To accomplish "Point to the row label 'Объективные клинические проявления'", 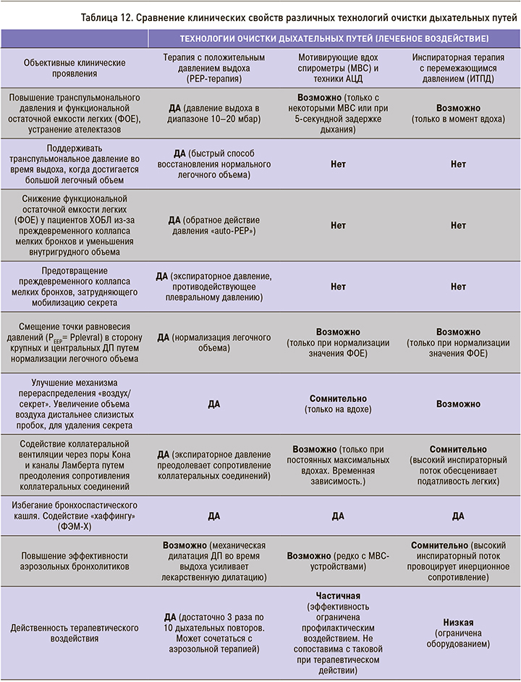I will point(75,67).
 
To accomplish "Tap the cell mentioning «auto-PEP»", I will point(213,225).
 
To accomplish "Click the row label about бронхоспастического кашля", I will point(75,515).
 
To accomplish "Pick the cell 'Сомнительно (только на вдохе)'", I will point(338,404).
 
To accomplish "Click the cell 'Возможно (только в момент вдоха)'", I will point(458,113).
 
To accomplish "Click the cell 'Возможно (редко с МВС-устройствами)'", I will point(338,562).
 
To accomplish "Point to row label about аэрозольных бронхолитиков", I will point(75,562).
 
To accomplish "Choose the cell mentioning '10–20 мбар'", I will point(213,113).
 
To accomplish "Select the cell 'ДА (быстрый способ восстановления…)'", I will point(213,164).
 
